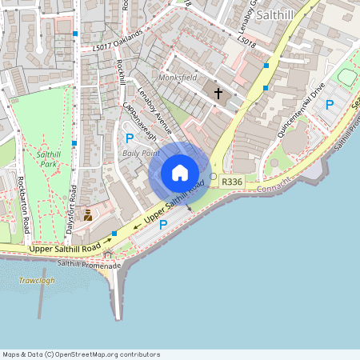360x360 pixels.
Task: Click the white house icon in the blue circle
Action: (180, 173)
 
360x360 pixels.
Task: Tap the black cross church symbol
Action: (218, 94)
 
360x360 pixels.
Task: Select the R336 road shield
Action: (232, 182)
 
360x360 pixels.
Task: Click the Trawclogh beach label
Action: (36, 281)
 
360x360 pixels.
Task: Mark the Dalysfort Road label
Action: (73, 207)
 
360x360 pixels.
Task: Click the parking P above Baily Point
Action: (129, 138)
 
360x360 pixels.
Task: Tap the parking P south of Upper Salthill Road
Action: (164, 226)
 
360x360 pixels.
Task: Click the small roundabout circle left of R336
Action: (213, 176)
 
